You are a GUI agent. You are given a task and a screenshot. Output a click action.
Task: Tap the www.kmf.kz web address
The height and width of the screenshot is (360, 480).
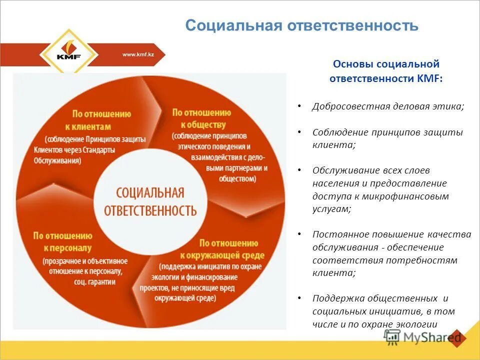tap(138, 54)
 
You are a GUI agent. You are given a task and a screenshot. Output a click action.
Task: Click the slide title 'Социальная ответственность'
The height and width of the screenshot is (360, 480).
tap(301, 25)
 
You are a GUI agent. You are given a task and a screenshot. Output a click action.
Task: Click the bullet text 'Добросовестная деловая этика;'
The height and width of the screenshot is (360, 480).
tap(388, 106)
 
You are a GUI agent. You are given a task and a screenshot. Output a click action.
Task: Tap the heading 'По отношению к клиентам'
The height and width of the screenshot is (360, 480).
tap(101, 119)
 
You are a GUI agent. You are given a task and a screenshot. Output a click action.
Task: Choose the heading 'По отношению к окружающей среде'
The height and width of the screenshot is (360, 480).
tap(221, 248)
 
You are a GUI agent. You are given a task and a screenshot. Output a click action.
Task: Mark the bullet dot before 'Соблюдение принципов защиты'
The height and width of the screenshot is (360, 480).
tap(299, 132)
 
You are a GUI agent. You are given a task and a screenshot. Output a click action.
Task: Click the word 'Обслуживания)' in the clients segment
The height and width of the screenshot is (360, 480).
tap(57, 160)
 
